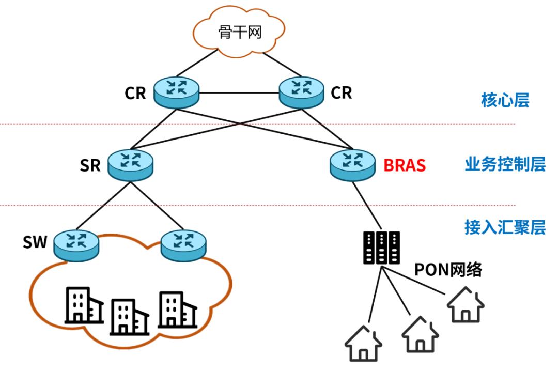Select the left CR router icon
pyautogui.click(x=177, y=92)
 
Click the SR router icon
pyautogui.click(x=131, y=164)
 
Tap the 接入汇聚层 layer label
pyautogui.click(x=504, y=228)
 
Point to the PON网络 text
pyautogui.click(x=448, y=269)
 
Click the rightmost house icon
pyautogui.click(x=466, y=306)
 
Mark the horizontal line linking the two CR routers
pyautogui.click(x=239, y=94)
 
